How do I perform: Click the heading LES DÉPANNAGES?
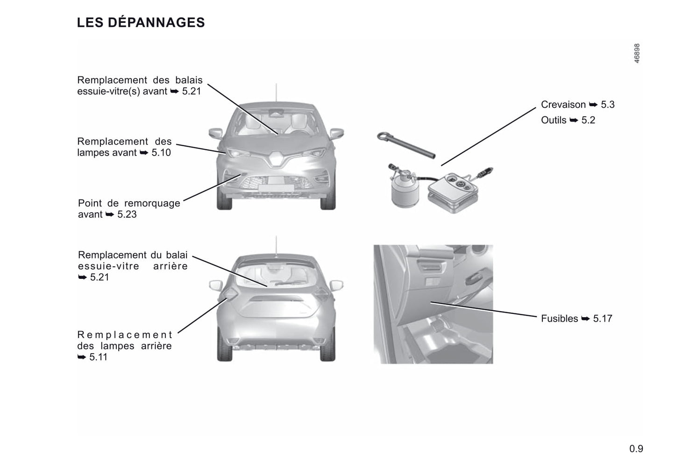point(141,22)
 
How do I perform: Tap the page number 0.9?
point(636,448)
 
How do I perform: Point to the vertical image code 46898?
point(637,53)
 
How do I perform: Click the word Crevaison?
point(563,105)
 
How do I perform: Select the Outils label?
point(554,120)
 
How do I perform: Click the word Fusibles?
point(559,319)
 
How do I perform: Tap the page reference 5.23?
point(127,214)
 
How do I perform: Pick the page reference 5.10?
point(161,153)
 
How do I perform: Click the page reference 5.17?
point(603,319)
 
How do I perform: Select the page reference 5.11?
point(98,357)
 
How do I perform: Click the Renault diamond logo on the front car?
point(275,158)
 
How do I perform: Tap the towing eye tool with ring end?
point(406,145)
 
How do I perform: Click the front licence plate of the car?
point(276,188)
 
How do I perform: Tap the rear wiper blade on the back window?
point(288,283)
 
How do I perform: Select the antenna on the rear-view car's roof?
point(276,246)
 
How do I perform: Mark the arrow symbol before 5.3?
point(593,105)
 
